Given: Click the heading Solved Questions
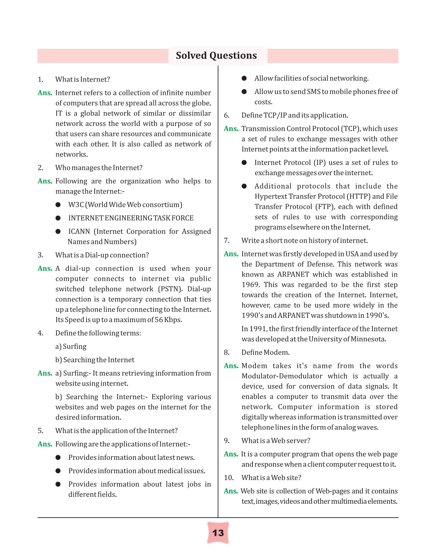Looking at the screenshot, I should [x=216, y=55].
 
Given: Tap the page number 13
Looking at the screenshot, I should [x=218, y=533].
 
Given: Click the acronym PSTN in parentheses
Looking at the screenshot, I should [x=170, y=289].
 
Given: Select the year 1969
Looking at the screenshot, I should [x=250, y=285].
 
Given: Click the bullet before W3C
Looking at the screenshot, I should [x=58, y=205].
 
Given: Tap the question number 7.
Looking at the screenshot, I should [x=227, y=240].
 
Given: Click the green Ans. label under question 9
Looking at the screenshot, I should [x=231, y=454].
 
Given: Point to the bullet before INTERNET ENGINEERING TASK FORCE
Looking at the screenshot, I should [x=58, y=218].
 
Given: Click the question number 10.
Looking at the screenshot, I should [x=228, y=478].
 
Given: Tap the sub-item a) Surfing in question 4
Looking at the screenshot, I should [x=71, y=347].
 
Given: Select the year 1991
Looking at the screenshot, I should [x=258, y=329].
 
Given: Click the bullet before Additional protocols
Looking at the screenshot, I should [x=244, y=186].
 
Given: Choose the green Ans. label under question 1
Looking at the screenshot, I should [x=45, y=93].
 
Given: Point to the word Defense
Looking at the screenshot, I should [x=318, y=264].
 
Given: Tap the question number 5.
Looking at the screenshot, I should [x=40, y=431].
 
